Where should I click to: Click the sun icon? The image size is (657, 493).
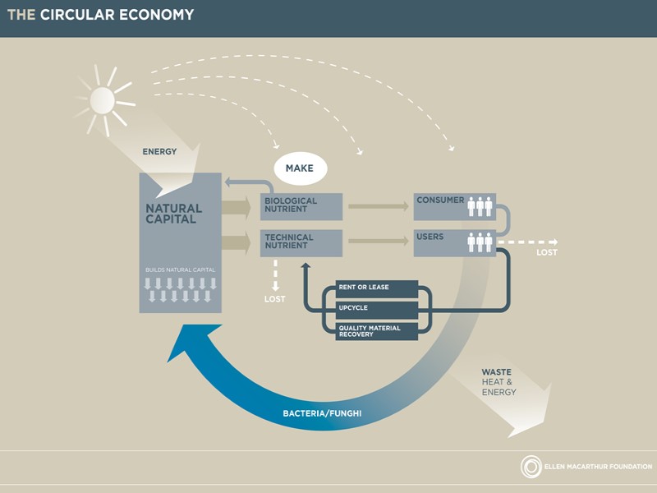102,100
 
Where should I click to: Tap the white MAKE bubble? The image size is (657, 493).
300,168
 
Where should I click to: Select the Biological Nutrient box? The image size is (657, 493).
301,206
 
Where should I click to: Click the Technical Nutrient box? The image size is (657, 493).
301,242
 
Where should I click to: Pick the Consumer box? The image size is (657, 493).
454,206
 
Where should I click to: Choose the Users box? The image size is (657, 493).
454,242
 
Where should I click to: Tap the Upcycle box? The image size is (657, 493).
377,310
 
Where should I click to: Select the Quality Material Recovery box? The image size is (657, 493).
377,330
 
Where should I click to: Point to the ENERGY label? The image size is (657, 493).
159,152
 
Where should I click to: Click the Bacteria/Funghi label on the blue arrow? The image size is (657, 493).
323,413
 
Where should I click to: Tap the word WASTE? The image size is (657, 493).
496,372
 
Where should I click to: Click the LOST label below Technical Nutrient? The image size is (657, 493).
274,299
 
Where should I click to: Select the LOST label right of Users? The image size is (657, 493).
547,252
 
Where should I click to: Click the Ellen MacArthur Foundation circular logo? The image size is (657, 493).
532,468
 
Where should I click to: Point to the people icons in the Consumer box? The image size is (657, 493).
480,205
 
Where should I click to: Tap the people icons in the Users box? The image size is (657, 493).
480,242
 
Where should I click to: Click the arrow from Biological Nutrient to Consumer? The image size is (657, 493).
378,205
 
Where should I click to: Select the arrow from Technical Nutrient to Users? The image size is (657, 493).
378,242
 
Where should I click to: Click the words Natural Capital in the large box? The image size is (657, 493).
173,214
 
